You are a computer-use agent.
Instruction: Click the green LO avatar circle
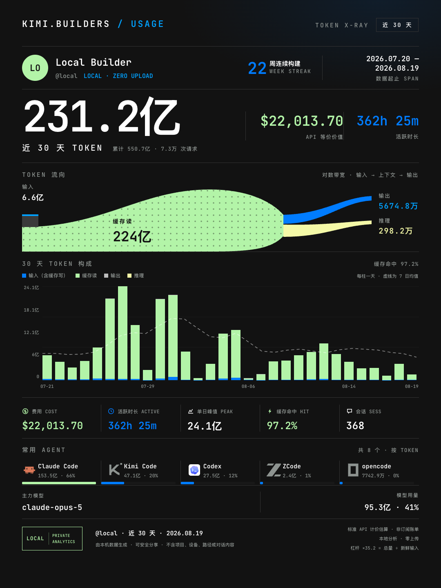click(35, 68)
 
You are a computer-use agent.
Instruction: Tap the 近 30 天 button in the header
click(397, 25)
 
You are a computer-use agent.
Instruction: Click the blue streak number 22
click(257, 68)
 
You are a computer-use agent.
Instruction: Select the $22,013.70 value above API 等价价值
click(302, 121)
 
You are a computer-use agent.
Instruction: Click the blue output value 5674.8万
click(398, 206)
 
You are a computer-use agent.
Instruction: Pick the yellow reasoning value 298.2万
click(396, 231)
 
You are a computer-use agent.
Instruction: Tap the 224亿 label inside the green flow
click(132, 236)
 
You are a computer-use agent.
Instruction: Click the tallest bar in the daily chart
click(122, 333)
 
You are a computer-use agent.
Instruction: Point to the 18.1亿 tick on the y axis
click(31, 310)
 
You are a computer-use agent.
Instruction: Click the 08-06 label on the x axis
click(248, 386)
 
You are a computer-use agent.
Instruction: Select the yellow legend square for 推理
click(129, 276)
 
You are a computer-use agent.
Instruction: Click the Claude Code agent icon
click(29, 470)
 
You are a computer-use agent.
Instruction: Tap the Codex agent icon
click(194, 470)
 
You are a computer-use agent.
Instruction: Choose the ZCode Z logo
click(274, 470)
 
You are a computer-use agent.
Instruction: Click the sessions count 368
click(355, 425)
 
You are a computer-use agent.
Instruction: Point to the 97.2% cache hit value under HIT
click(282, 425)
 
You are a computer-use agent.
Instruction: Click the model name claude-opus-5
click(52, 508)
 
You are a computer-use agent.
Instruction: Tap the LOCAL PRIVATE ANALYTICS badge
click(52, 539)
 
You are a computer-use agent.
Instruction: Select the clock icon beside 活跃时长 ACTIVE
click(111, 411)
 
